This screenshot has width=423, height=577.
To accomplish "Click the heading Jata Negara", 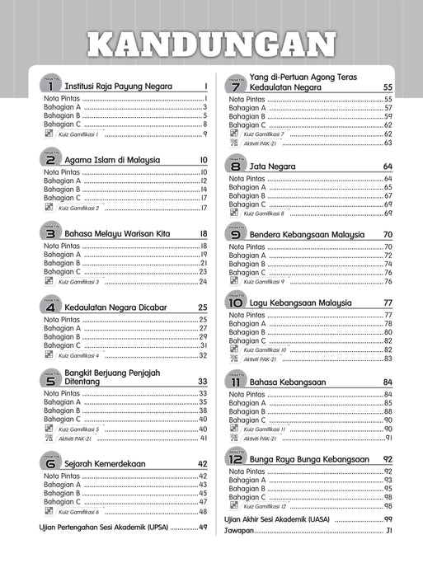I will coord(268,167).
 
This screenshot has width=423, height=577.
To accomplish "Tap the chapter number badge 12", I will coord(237,457).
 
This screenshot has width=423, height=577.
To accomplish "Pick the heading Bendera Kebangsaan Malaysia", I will coord(306,234).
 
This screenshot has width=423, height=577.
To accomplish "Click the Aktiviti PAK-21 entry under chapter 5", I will coord(75,438).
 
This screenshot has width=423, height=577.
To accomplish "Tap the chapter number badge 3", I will coord(50,233).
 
